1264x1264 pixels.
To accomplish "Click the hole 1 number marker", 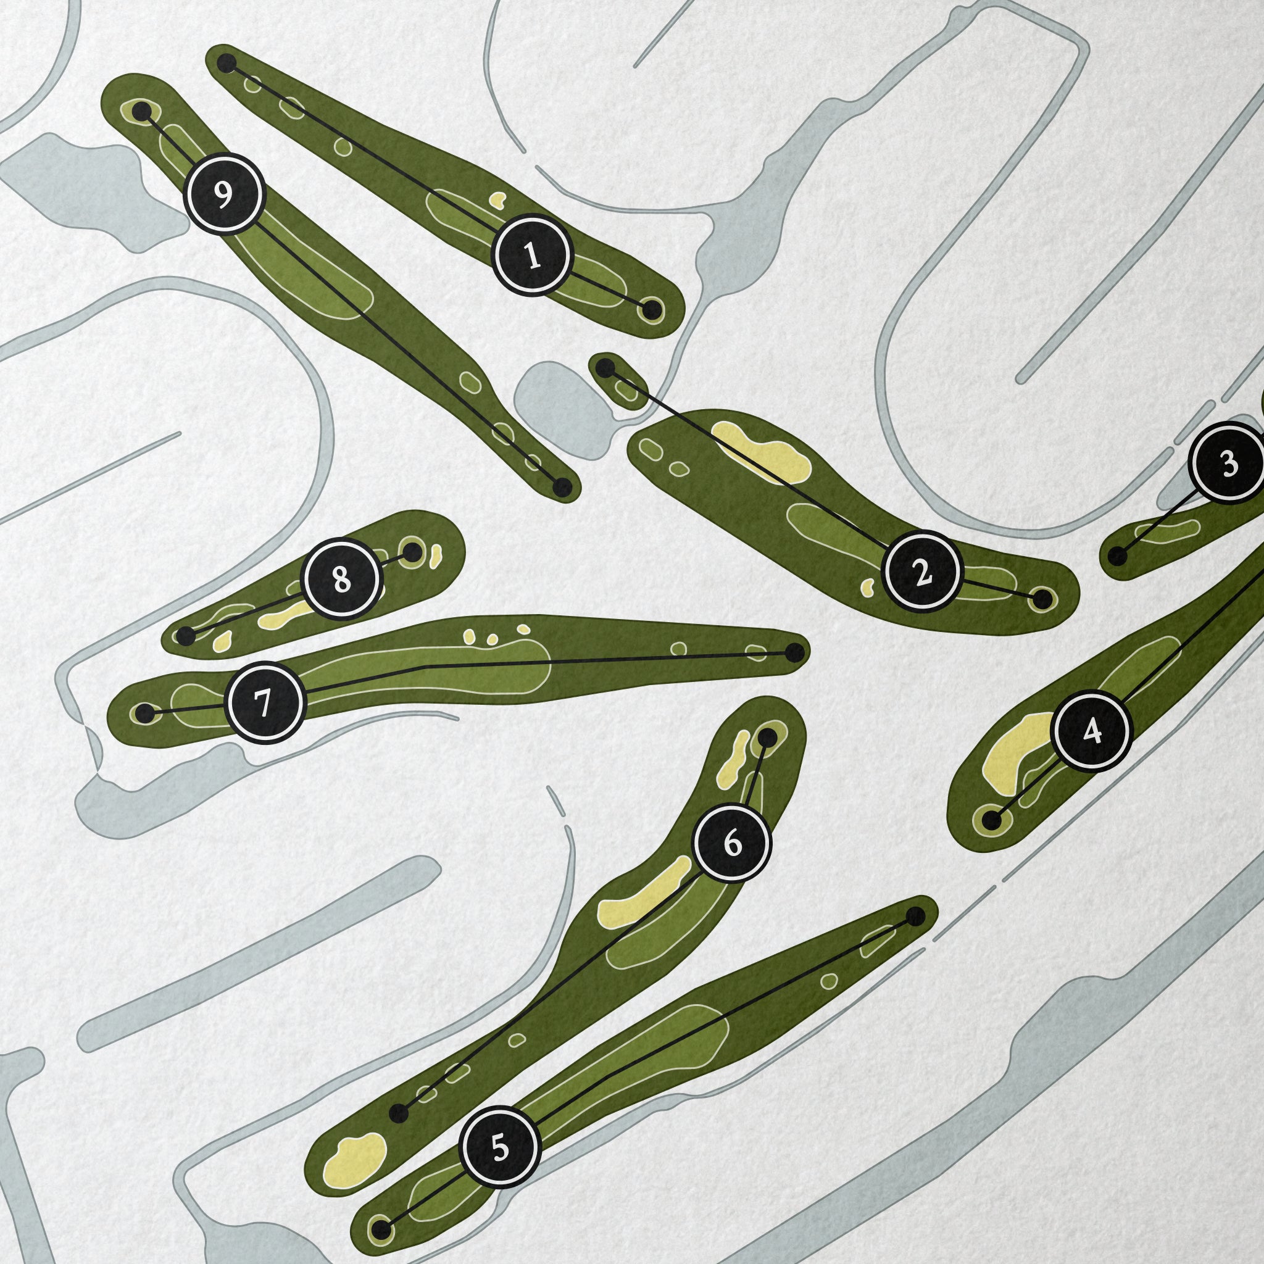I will [533, 255].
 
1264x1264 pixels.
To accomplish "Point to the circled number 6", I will [732, 843].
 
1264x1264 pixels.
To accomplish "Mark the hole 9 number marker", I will [225, 193].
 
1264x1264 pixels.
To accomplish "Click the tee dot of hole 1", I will [227, 64].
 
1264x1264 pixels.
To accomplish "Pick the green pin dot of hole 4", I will [992, 819].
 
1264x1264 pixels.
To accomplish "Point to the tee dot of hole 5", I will [916, 916].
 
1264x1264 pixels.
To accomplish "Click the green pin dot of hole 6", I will [769, 738].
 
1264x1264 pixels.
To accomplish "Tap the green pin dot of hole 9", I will [141, 112].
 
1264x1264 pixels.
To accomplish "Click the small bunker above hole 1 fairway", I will [498, 198].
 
